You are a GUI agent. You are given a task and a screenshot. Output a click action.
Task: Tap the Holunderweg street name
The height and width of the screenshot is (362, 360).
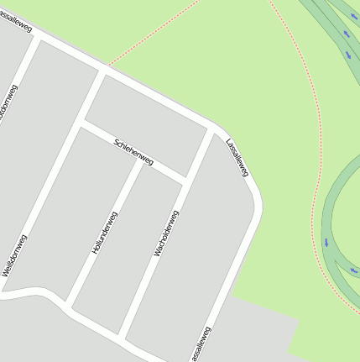pos(105,233)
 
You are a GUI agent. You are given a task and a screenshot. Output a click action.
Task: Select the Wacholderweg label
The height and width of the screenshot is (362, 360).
pos(166,233)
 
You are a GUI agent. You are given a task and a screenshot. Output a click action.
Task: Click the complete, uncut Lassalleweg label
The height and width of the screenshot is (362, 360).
pos(237,157)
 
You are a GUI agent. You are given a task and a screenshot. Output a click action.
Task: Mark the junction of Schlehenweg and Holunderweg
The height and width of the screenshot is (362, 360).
pos(140,160)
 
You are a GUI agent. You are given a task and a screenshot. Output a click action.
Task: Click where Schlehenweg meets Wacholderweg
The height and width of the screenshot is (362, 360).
pos(187,181)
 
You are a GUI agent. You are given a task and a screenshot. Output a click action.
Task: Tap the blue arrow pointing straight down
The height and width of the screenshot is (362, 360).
pos(326,243)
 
